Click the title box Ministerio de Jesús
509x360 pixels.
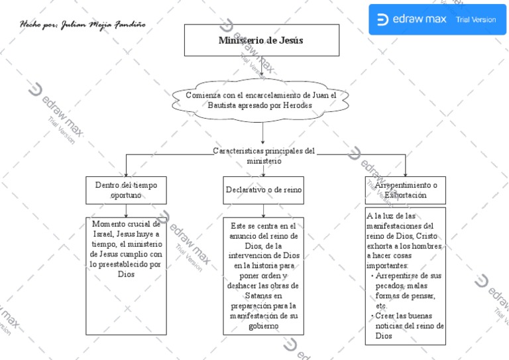(x=261, y=40)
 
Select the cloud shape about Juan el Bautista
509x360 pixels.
(x=261, y=101)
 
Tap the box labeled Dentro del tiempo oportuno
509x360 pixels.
(x=126, y=190)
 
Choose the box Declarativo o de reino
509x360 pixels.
(x=263, y=190)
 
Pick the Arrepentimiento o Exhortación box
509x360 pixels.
(x=406, y=190)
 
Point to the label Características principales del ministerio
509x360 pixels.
(x=263, y=156)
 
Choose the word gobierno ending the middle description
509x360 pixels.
(x=263, y=326)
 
